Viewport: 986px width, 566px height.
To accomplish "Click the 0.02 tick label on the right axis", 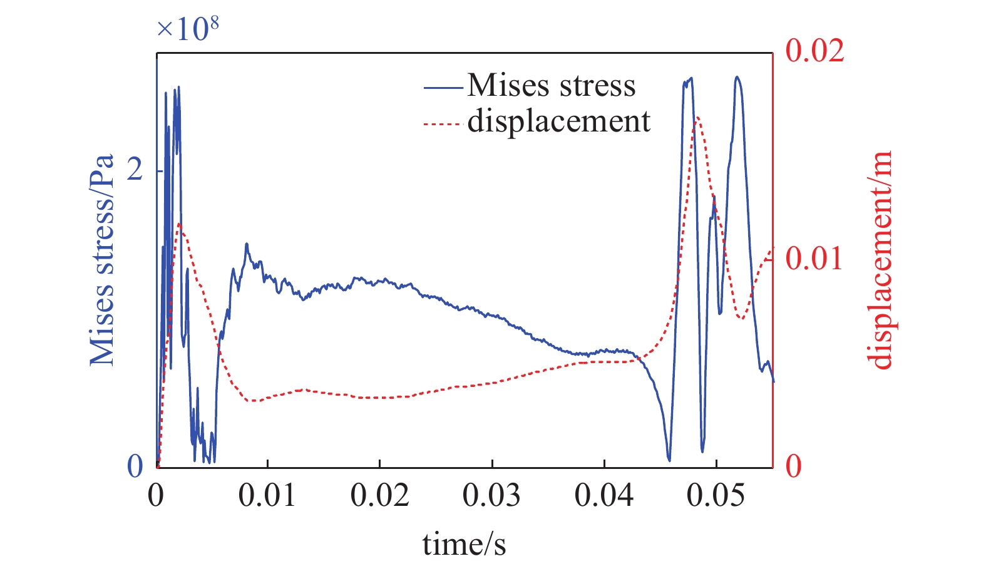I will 814,50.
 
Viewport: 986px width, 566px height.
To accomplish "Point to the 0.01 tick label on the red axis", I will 814,258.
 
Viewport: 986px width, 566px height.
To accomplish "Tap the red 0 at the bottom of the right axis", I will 793,466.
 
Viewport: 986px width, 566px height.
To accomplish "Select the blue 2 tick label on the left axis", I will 135,170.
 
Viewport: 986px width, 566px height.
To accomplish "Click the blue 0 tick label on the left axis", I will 135,466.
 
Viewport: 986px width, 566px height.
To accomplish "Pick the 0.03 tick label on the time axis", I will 491,496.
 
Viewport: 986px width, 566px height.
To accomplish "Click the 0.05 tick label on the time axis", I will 716,496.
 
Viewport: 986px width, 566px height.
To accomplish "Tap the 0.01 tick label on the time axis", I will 267,496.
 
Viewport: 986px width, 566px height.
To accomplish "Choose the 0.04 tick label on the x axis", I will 603,496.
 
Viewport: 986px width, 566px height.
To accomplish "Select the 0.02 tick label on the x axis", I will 379,496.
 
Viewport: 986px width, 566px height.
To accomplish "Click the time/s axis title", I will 464,543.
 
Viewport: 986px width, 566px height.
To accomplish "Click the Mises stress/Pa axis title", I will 102,260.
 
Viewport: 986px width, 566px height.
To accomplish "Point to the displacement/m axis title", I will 880,260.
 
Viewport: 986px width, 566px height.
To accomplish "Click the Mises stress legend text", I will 551,85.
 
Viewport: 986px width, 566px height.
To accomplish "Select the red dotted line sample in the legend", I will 443,123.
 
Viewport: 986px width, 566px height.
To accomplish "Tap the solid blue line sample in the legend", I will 443,87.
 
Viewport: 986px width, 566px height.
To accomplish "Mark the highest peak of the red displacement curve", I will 697,117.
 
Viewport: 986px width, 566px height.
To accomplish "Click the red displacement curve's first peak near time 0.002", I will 180,224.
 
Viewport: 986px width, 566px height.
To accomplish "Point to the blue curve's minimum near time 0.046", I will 669,460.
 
